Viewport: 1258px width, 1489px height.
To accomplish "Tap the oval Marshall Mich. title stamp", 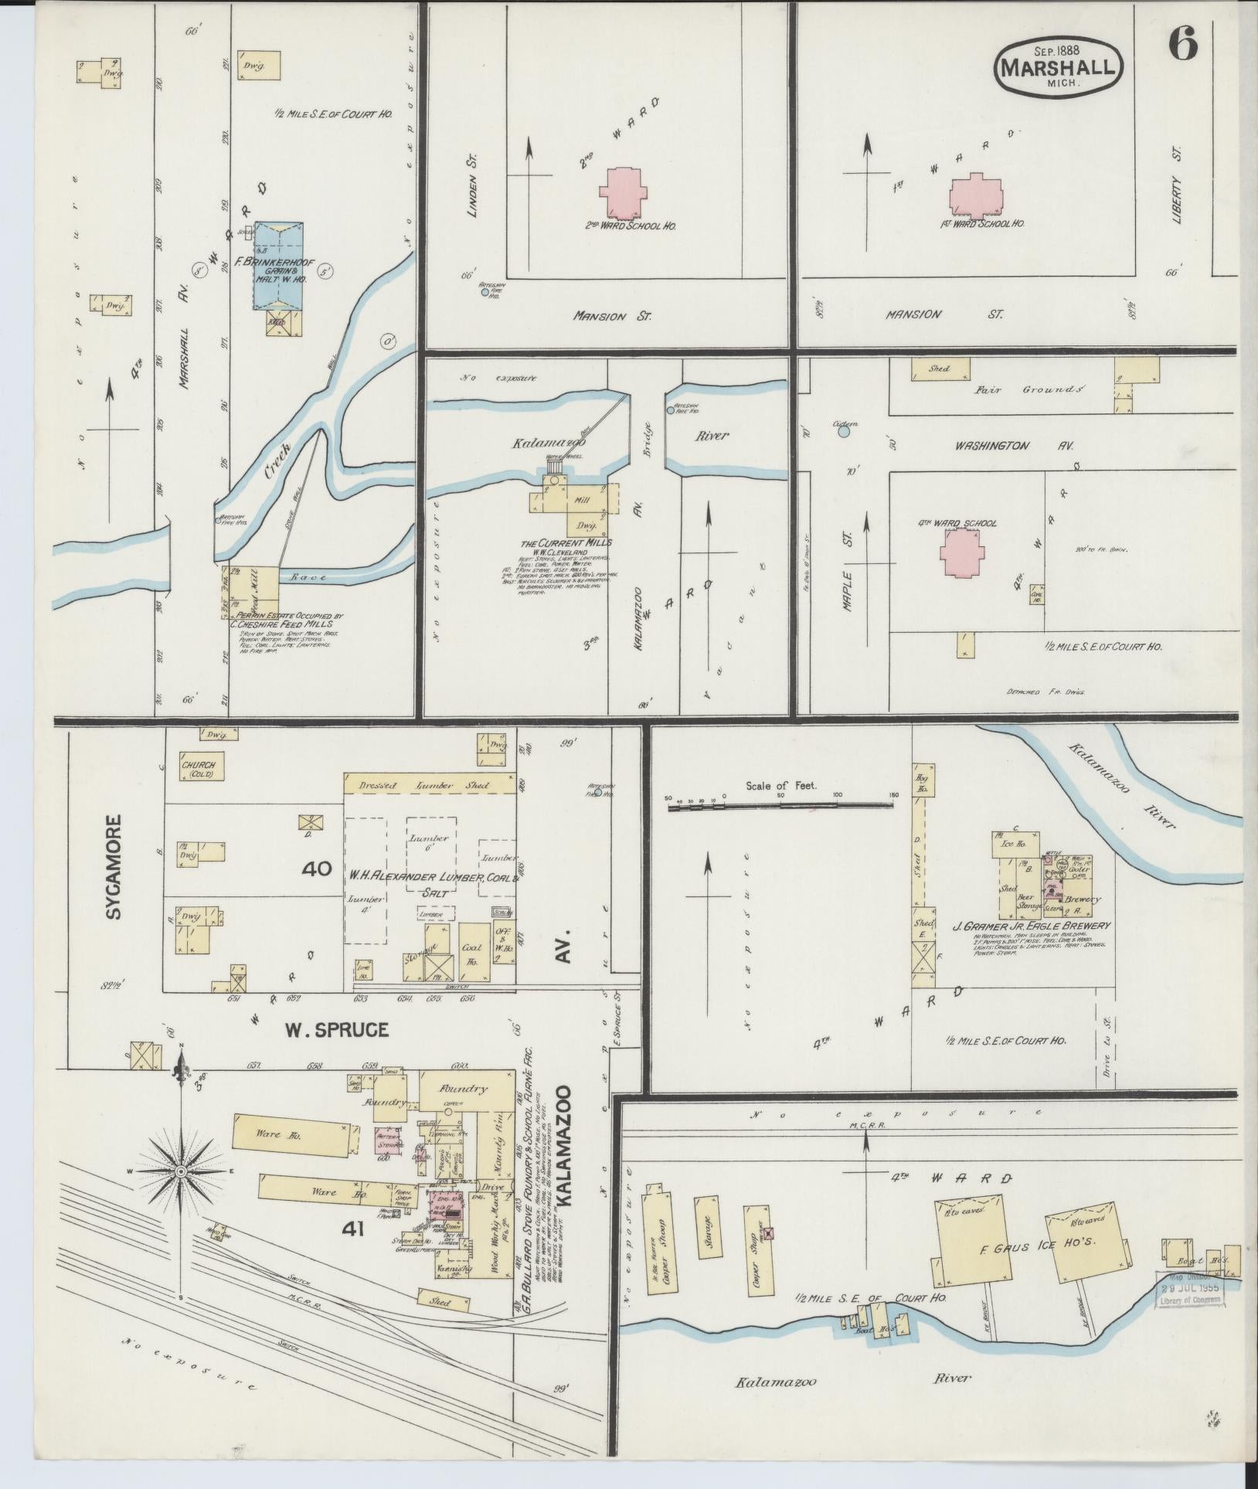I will pyautogui.click(x=1058, y=67).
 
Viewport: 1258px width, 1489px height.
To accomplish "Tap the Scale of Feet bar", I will pyautogui.click(x=780, y=805).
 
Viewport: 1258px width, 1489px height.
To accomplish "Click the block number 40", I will pyautogui.click(x=317, y=869).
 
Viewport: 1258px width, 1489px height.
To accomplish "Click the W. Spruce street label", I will pyautogui.click(x=335, y=1030).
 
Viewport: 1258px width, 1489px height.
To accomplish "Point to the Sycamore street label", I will pyautogui.click(x=115, y=868).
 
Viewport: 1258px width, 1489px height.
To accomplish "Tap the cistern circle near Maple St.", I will pyautogui.click(x=844, y=432).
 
